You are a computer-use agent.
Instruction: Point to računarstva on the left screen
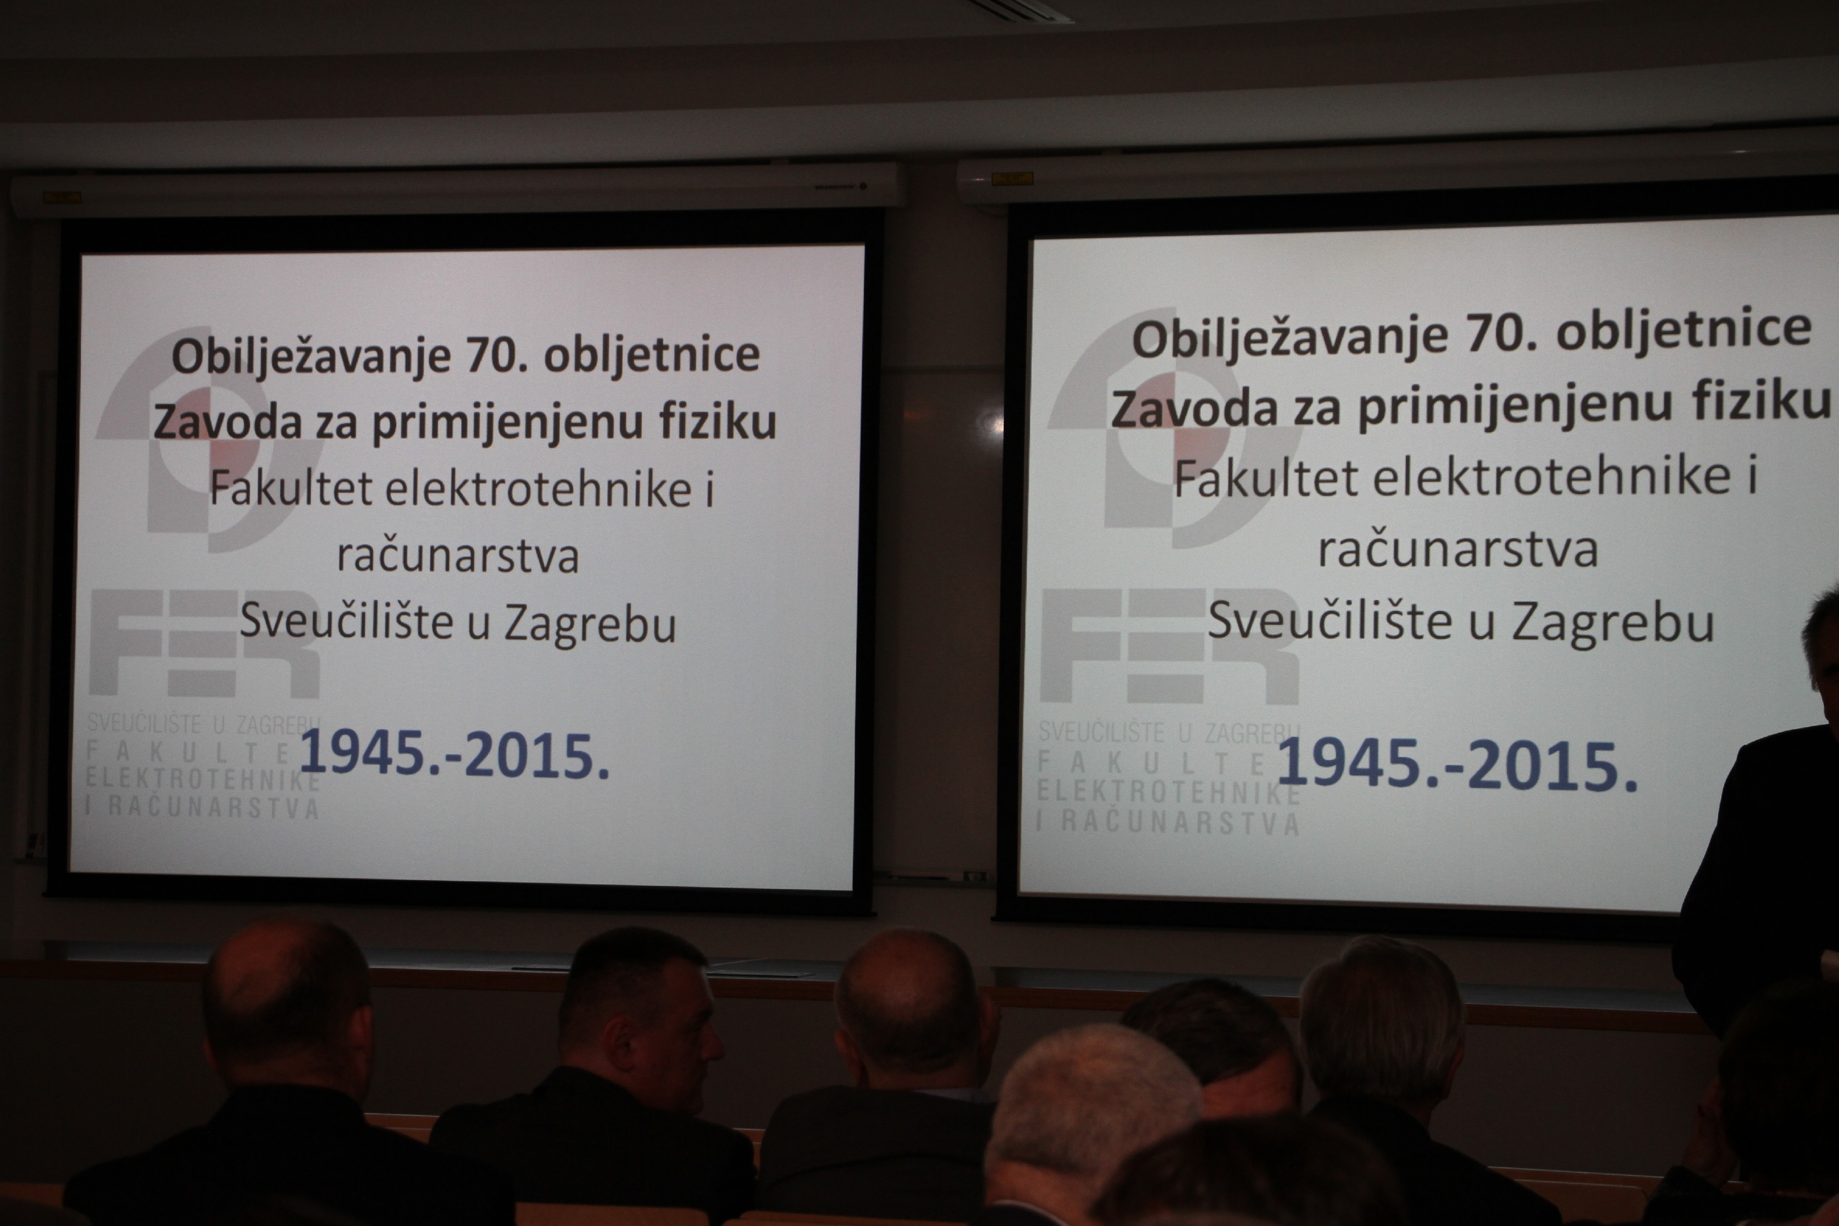click(458, 556)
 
